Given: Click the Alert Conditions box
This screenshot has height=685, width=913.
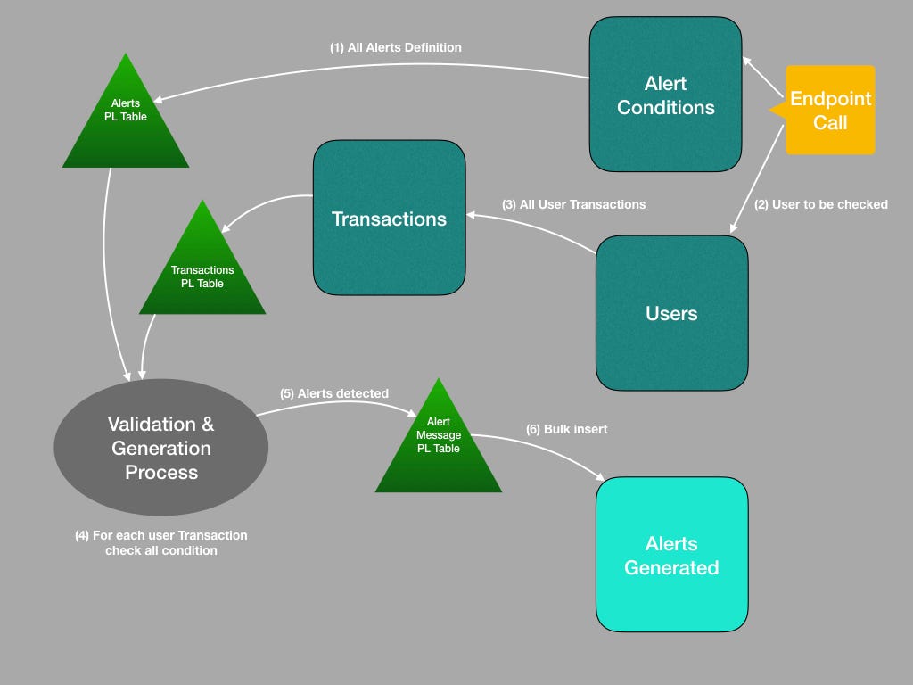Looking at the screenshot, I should [x=665, y=95].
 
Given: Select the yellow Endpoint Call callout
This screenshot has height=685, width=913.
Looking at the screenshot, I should [x=830, y=110].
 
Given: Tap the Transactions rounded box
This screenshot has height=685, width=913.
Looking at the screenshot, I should [x=389, y=218].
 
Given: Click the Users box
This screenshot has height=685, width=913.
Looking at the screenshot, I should [x=671, y=313].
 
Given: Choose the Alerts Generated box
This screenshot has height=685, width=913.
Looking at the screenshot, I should [x=671, y=555].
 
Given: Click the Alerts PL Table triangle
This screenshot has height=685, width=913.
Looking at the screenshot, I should [x=126, y=120].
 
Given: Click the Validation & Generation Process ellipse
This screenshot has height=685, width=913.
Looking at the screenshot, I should [x=161, y=448].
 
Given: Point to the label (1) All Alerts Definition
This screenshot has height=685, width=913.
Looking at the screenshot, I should [x=396, y=47].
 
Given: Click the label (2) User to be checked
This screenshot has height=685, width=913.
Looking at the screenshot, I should [x=821, y=204].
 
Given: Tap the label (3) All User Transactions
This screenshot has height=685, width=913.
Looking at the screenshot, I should [x=574, y=204].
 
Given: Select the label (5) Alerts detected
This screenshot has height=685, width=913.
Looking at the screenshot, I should [x=334, y=393].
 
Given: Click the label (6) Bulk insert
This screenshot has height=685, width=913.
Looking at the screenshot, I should [x=566, y=429].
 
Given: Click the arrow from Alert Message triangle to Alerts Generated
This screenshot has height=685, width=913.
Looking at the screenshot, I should [x=553, y=452].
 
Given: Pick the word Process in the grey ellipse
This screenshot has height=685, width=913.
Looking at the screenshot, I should [x=161, y=472].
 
